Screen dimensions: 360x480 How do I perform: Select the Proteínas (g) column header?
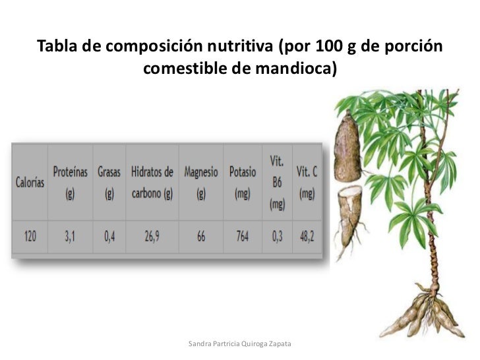[70, 183]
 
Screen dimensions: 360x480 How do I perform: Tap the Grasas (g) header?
[109, 183]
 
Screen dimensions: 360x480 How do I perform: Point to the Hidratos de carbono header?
[152, 183]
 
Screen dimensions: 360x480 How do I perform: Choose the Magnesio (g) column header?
[201, 183]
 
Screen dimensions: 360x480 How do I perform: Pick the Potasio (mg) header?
[243, 183]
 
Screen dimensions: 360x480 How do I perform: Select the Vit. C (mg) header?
[307, 183]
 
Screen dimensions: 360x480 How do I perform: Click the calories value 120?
[30, 236]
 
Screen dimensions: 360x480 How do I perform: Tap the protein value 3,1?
[70, 236]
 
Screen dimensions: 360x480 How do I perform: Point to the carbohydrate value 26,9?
[152, 236]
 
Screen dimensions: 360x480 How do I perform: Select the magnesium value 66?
[201, 236]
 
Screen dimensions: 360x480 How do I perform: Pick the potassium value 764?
[243, 236]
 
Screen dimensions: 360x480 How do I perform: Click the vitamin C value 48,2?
[307, 236]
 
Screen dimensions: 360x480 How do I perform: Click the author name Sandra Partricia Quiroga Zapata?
[239, 344]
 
